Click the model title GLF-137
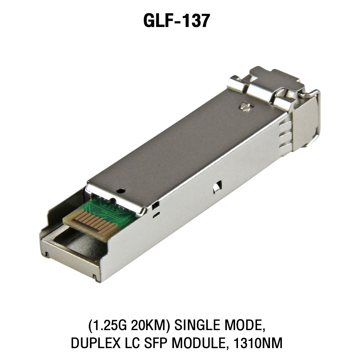click(176, 21)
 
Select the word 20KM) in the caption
click(150, 325)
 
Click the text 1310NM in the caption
click(258, 343)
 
